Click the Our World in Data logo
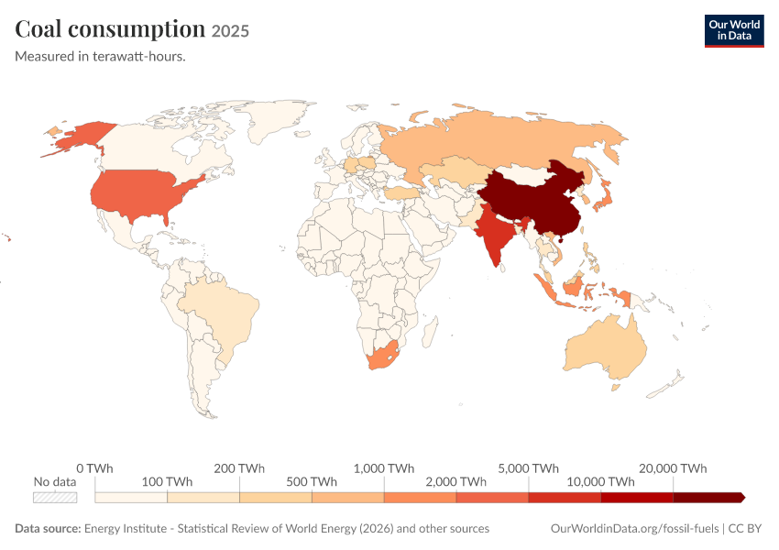[x=734, y=31]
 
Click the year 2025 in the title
[x=230, y=31]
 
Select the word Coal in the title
[x=38, y=28]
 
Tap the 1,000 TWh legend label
[x=383, y=468]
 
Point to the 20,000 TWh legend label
[x=673, y=468]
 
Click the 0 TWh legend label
[x=94, y=468]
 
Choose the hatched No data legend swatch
[x=55, y=498]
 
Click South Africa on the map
[x=383, y=355]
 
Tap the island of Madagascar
[x=429, y=332]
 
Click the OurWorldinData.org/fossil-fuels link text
[x=634, y=528]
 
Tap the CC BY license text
[x=745, y=528]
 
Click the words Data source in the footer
[x=48, y=528]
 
